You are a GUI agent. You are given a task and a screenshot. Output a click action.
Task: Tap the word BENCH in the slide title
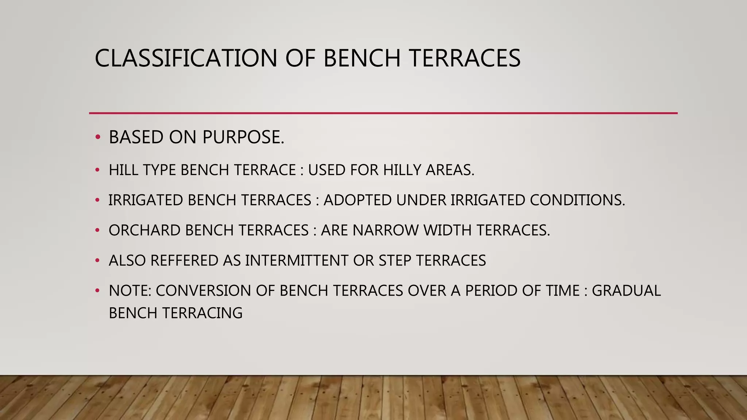[362, 58]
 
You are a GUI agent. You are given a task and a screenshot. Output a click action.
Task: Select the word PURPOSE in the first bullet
[243, 137]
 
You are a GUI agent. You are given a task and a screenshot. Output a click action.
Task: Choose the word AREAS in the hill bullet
[450, 170]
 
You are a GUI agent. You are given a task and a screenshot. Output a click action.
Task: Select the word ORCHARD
[145, 230]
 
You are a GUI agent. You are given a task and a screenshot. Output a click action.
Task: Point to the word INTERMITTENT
[297, 261]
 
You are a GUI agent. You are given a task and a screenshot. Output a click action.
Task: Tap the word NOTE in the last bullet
[130, 291]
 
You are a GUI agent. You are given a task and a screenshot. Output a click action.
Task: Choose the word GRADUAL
[626, 291]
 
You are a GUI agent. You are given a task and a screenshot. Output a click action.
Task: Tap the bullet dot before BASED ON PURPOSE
[97, 137]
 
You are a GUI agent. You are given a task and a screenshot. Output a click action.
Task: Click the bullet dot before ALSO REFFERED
[97, 261]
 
